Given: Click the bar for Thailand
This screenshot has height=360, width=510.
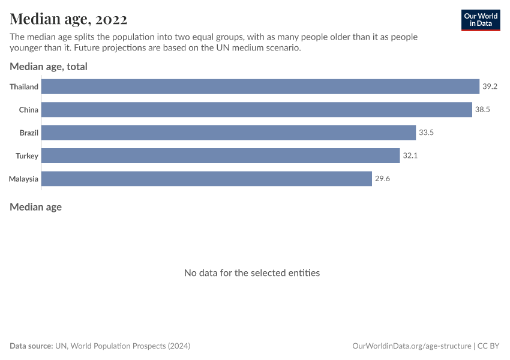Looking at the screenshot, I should tap(260, 86).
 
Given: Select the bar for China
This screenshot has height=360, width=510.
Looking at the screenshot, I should tap(257, 110).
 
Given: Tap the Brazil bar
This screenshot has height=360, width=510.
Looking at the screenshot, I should tap(229, 133).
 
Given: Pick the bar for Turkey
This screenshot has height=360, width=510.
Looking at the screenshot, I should tap(221, 156).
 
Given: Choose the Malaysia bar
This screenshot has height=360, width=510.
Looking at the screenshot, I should tap(207, 179).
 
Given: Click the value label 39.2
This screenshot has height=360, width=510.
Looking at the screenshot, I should tap(490, 86).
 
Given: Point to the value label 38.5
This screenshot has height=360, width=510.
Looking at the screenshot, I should tap(482, 110).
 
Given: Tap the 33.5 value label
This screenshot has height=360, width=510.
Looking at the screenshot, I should tap(426, 133).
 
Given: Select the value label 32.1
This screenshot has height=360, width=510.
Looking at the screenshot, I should tap(410, 156).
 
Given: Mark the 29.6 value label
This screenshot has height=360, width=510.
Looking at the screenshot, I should tap(382, 179).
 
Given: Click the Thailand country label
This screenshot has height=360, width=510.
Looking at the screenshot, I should tap(24, 87).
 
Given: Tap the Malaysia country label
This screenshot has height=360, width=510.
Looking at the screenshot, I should tap(24, 179).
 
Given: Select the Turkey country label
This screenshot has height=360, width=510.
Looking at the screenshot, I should tap(27, 156).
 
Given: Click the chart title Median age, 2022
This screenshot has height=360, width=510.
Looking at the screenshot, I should tap(68, 19).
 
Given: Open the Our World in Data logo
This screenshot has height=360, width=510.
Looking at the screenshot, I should tap(480, 20).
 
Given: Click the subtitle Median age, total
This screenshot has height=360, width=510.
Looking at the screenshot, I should tap(49, 67).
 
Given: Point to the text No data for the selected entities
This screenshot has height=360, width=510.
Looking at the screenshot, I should tap(252, 272).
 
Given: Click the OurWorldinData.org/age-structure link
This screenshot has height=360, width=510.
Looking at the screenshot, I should tap(412, 346).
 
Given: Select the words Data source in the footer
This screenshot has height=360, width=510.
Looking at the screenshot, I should tap(31, 346).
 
